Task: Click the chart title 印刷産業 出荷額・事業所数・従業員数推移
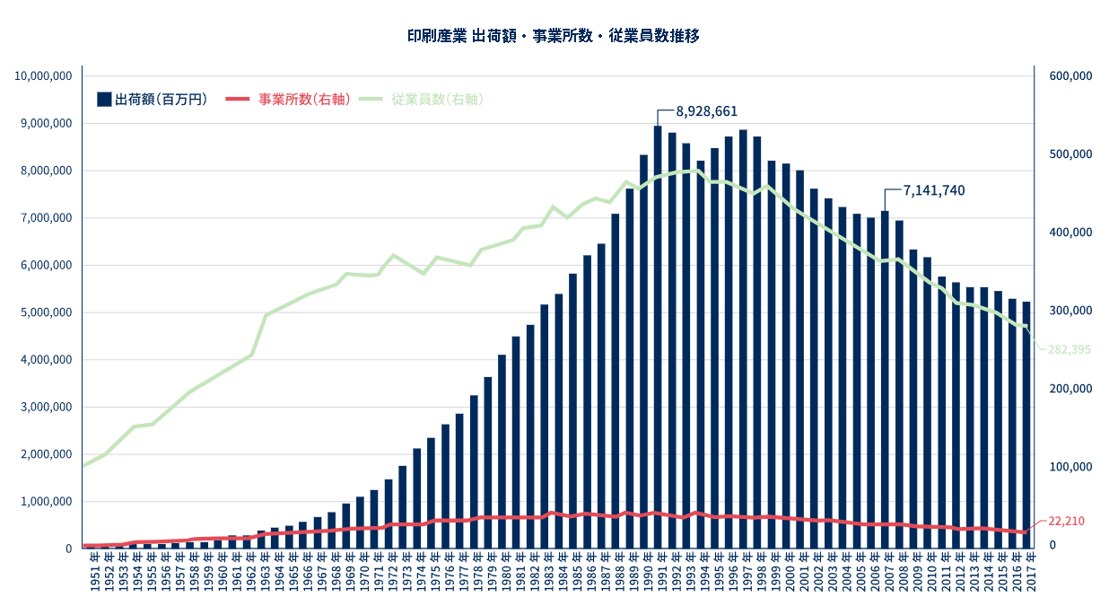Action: point(553,36)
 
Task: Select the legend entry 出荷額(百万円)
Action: point(152,100)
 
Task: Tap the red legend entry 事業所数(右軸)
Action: point(288,100)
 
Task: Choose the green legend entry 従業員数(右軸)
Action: point(422,100)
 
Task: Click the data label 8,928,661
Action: point(706,111)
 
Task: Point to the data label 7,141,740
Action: point(934,190)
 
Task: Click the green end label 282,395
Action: point(1069,350)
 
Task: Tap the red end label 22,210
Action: point(1066,522)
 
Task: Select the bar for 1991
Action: point(658,337)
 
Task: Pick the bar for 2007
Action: point(885,380)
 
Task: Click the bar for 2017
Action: point(1026,426)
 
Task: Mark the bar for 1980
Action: point(502,452)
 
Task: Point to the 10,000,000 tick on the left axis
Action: point(43,76)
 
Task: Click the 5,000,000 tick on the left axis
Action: point(46,312)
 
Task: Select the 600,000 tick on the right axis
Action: point(1070,75)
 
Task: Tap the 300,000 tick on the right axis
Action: point(1070,311)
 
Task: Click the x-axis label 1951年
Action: point(95,572)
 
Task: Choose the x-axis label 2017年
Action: point(1031,572)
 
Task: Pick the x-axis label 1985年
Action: point(577,572)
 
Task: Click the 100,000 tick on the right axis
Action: point(1070,467)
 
